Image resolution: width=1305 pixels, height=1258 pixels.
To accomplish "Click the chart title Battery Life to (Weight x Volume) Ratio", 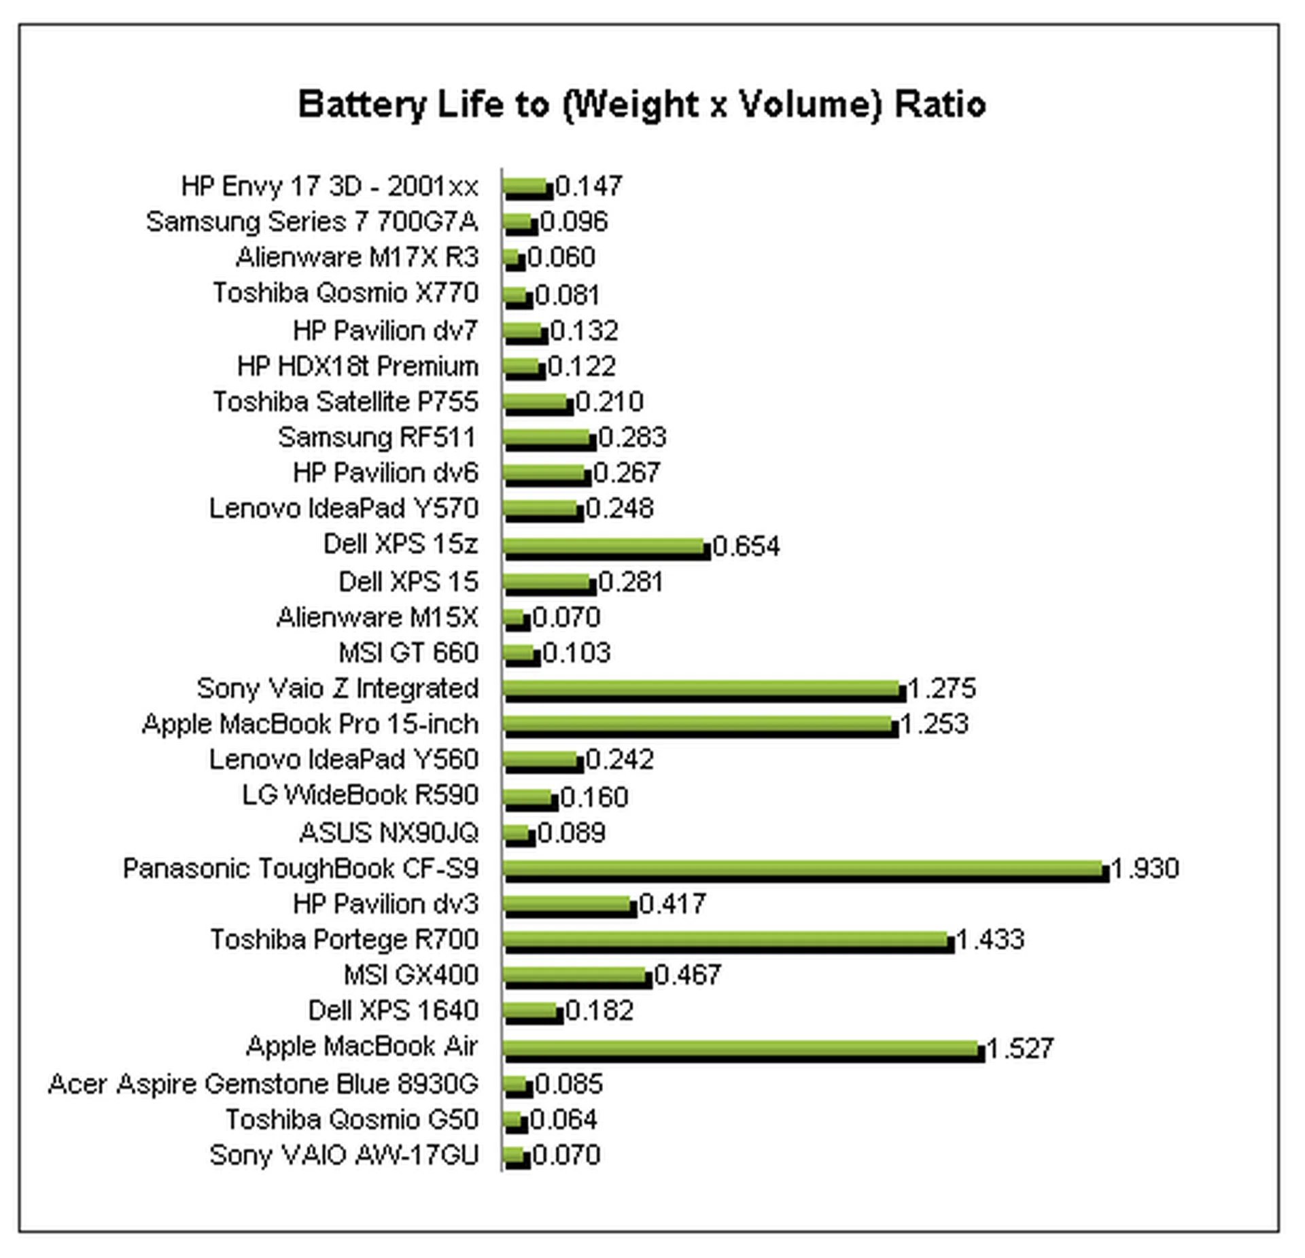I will (x=642, y=105).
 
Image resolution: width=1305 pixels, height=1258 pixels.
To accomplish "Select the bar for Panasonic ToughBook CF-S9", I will (x=805, y=870).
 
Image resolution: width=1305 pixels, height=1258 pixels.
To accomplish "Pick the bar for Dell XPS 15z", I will (x=606, y=548).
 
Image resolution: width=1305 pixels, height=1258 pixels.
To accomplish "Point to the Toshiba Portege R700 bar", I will (x=728, y=941).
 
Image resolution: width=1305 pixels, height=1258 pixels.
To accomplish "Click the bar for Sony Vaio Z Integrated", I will (x=704, y=691).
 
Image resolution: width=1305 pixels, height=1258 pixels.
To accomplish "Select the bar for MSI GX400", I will (x=577, y=977).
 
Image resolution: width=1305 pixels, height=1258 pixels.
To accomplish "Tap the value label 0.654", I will (x=746, y=546).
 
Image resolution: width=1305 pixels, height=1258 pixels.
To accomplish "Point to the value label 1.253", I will (x=934, y=724).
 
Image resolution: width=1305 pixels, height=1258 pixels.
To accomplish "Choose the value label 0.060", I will (x=561, y=258).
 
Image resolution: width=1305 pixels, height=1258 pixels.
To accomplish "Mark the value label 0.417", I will (x=672, y=905).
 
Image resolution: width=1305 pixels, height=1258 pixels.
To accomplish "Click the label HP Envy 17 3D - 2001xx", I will (x=330, y=186).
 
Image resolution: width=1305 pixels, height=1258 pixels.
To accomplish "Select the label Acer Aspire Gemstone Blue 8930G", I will (x=264, y=1084).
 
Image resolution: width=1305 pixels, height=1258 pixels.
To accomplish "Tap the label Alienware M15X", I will (x=377, y=618).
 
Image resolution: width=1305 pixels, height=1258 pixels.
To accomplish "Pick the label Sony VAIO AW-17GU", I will (x=345, y=1155).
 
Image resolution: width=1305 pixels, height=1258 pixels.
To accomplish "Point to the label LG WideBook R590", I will (x=360, y=795).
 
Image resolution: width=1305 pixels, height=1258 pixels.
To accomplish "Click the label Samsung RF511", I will (x=377, y=438).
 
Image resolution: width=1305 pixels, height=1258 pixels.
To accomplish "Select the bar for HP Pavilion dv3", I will (x=570, y=906).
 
